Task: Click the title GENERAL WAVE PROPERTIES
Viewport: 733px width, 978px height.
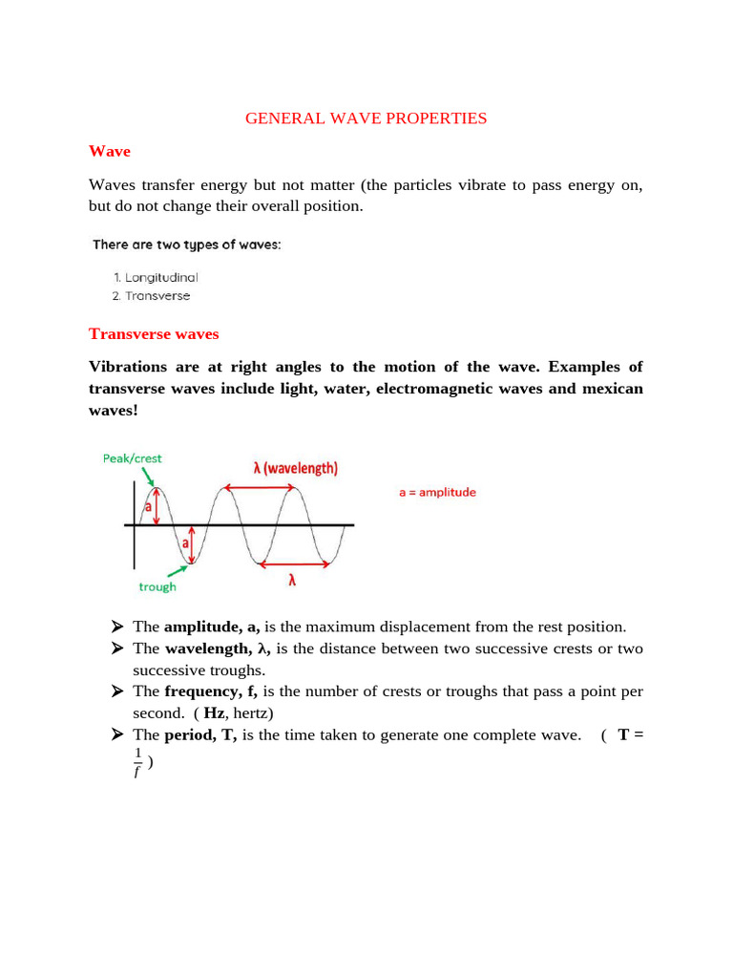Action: click(366, 118)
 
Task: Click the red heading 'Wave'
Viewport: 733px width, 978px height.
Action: click(109, 151)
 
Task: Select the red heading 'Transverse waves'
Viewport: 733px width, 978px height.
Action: click(154, 333)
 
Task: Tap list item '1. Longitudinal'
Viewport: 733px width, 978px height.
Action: click(155, 277)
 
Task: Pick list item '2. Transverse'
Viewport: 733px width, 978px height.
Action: click(151, 296)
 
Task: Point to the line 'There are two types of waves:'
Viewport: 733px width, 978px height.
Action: click(187, 244)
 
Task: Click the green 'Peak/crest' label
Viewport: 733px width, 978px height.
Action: click(132, 458)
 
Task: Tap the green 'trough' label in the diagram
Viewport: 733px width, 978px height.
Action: click(157, 586)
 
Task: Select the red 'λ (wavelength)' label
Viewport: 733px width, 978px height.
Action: click(295, 468)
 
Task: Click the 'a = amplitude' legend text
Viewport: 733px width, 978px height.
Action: click(437, 493)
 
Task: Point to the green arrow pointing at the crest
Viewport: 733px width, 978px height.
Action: click(148, 478)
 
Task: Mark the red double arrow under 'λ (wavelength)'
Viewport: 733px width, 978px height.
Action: click(261, 488)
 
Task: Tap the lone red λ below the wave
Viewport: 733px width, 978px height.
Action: click(292, 580)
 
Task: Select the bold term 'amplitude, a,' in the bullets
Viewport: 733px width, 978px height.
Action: click(212, 627)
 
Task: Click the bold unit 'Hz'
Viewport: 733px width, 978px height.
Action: click(215, 712)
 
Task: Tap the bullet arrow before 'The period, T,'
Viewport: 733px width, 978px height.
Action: click(117, 734)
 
